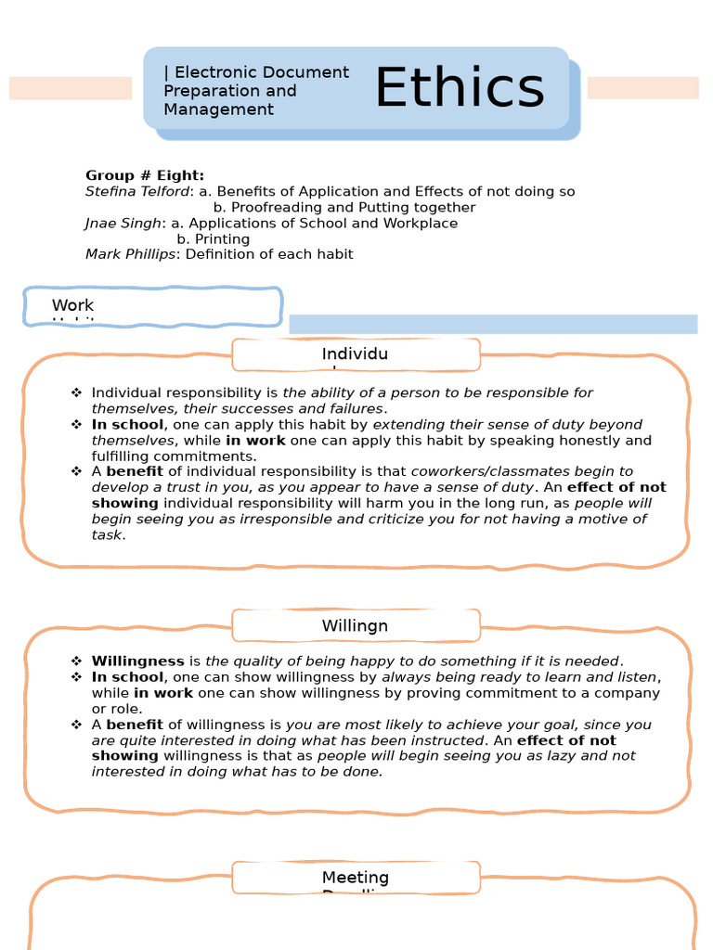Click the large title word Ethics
coord(459,88)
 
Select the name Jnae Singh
coord(123,224)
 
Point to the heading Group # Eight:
coord(145,175)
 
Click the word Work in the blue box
coord(72,305)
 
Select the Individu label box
coord(355,354)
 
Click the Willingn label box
coord(355,626)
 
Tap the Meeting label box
coord(355,878)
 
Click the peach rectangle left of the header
coord(71,88)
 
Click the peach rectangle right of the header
coord(642,88)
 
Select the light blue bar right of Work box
coord(492,324)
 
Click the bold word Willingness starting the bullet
coord(137,661)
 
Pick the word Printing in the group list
coord(222,239)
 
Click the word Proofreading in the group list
coord(274,208)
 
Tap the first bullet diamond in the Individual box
coord(77,393)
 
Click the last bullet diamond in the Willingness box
coord(77,725)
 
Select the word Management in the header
coord(218,109)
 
